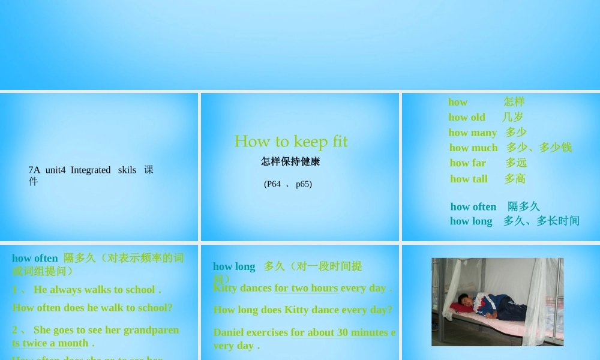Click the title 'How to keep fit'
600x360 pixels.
tap(291, 142)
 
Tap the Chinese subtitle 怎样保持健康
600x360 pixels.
tap(290, 161)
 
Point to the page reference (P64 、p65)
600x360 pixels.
tap(288, 184)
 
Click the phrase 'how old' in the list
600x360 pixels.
tap(467, 117)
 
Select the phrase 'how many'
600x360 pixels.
tap(472, 133)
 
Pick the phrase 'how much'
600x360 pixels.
tap(473, 148)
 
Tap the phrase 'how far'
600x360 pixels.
tap(468, 163)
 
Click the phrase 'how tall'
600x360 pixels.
tap(469, 179)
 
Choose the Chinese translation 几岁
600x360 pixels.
tap(513, 117)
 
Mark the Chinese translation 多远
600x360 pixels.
tap(516, 163)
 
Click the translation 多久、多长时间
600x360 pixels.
tap(541, 221)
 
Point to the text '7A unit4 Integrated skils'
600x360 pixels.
tap(82, 170)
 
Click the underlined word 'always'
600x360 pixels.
tap(65, 290)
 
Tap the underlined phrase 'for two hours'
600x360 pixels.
tap(306, 288)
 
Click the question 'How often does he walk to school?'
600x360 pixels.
tap(92, 308)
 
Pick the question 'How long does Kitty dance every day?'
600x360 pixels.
tap(302, 310)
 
